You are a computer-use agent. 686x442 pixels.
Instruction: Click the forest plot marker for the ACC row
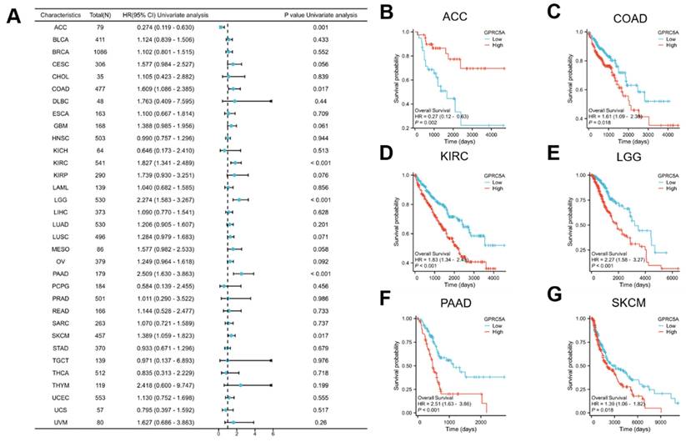(220, 28)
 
